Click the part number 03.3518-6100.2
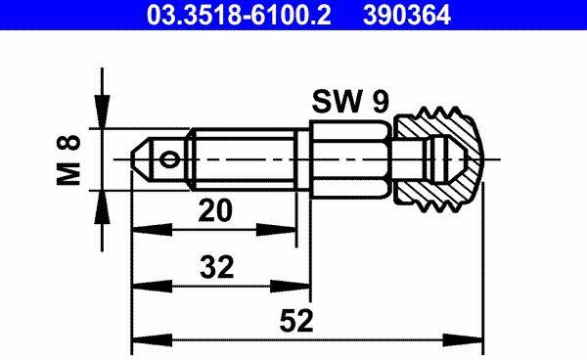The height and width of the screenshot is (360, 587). (x=239, y=15)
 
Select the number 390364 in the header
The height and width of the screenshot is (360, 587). (x=407, y=15)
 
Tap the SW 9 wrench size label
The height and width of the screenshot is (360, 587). (x=350, y=101)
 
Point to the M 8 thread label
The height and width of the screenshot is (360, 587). (x=68, y=159)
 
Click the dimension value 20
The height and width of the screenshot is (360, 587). (x=215, y=210)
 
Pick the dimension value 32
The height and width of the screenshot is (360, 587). (x=217, y=267)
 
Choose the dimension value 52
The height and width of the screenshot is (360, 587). (x=296, y=321)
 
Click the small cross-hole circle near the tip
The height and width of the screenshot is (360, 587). (x=169, y=159)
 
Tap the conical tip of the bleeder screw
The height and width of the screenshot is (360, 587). (x=141, y=159)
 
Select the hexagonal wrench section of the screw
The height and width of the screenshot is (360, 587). (x=351, y=159)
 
